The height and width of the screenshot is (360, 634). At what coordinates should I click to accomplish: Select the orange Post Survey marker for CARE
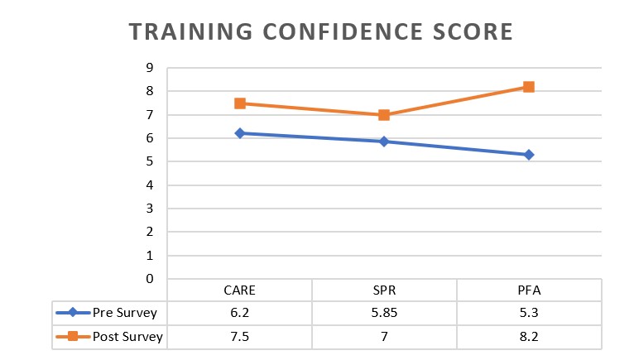pos(240,103)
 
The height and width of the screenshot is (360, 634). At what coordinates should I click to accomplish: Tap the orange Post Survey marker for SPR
pos(384,115)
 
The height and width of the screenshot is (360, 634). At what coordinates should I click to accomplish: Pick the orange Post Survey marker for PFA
pos(529,87)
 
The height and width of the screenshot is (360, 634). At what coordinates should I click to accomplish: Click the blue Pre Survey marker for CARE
pos(240,133)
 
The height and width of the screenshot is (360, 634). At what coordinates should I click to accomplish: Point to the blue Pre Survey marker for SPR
pos(384,142)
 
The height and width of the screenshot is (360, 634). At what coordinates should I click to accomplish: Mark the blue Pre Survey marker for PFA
pos(529,155)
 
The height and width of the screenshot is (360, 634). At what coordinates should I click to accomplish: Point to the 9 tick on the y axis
pos(151,68)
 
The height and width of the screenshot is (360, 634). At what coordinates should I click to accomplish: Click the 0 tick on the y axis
pos(151,279)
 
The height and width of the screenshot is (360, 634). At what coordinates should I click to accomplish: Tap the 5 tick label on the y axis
pos(151,161)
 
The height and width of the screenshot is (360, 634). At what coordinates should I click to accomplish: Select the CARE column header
pos(239,290)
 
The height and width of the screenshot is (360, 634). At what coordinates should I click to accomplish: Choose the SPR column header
pos(384,290)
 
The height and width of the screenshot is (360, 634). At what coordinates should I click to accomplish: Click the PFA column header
pos(529,290)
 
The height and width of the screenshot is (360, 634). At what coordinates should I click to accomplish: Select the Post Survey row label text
pos(129,337)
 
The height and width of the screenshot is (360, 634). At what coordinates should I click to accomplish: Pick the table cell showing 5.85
pos(384,314)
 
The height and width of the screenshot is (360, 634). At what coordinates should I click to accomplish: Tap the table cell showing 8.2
pos(529,337)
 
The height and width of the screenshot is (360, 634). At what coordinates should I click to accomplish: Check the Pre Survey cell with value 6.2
pos(239,314)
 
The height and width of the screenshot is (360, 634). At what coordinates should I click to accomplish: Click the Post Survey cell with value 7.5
pos(239,337)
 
